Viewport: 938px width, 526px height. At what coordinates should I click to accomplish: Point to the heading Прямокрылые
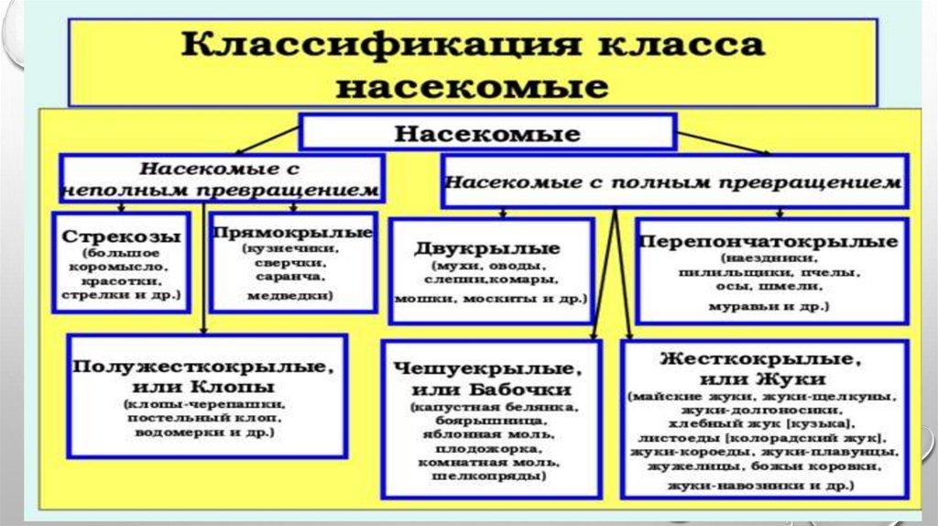[292, 232]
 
